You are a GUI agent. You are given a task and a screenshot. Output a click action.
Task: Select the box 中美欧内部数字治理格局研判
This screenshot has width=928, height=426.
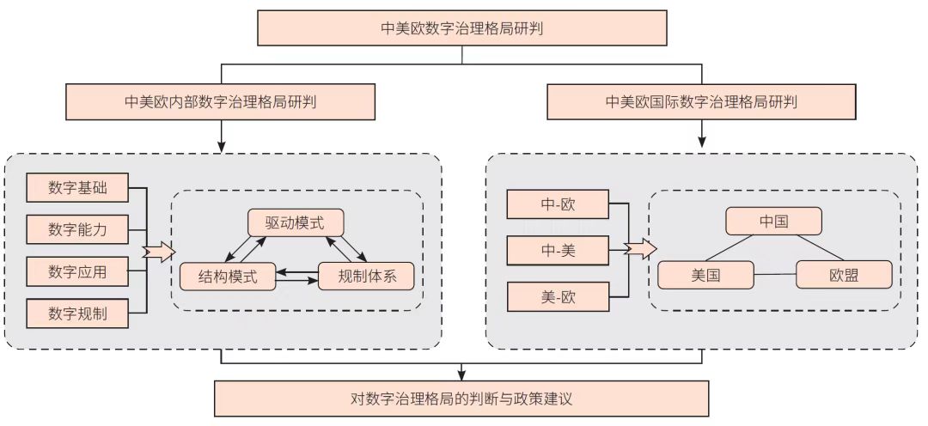221,101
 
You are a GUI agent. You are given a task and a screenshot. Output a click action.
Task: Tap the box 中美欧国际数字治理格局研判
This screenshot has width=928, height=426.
701,101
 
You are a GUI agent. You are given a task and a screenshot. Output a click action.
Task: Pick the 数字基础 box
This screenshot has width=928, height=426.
77,187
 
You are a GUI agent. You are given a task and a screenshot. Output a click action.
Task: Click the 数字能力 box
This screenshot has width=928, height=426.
77,229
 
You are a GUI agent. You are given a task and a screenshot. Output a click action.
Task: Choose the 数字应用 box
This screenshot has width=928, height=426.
77,271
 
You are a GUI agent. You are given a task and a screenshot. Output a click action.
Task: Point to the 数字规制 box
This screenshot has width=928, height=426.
77,313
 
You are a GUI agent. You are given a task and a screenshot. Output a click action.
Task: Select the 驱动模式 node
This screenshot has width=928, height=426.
296,223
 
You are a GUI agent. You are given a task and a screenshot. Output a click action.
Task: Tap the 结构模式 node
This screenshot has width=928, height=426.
228,277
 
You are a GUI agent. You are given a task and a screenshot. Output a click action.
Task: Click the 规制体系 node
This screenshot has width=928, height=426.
366,277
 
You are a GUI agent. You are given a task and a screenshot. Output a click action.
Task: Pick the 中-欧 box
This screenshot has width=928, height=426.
559,204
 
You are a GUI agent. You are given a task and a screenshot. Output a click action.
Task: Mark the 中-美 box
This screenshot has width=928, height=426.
559,251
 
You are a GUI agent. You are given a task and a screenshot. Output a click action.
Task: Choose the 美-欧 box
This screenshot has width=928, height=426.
559,297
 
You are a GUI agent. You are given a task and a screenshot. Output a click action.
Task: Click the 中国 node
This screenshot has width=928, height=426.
774,222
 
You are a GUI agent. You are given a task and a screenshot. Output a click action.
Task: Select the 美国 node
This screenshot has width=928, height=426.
706,275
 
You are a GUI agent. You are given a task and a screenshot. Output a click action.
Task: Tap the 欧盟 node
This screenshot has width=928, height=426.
844,275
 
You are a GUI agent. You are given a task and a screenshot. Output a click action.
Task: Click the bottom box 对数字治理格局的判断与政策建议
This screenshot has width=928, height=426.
461,399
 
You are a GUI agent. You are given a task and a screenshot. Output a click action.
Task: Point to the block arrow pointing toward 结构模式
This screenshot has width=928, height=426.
160,253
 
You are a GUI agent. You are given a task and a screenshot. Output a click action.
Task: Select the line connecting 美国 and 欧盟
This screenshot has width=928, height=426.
775,275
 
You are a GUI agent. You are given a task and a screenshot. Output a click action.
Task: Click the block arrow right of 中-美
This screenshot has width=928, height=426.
641,249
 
